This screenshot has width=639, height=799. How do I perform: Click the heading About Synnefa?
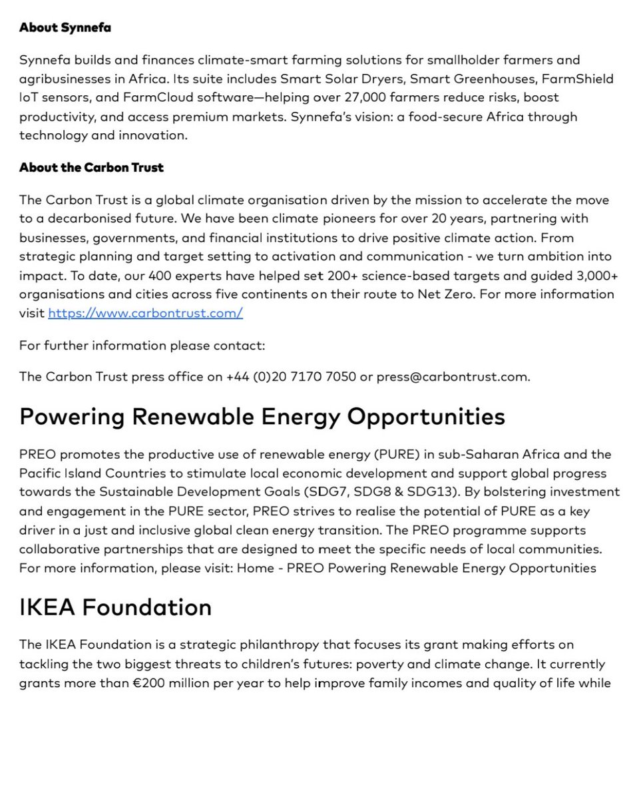[x=65, y=28]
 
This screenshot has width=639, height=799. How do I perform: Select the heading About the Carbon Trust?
[x=91, y=168]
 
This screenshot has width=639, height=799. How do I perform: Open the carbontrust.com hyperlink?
[x=145, y=313]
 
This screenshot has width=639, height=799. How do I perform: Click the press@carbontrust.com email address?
[x=453, y=377]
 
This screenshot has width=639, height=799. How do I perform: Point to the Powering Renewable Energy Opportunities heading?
[x=262, y=417]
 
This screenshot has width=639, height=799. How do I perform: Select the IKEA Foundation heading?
[x=116, y=607]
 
